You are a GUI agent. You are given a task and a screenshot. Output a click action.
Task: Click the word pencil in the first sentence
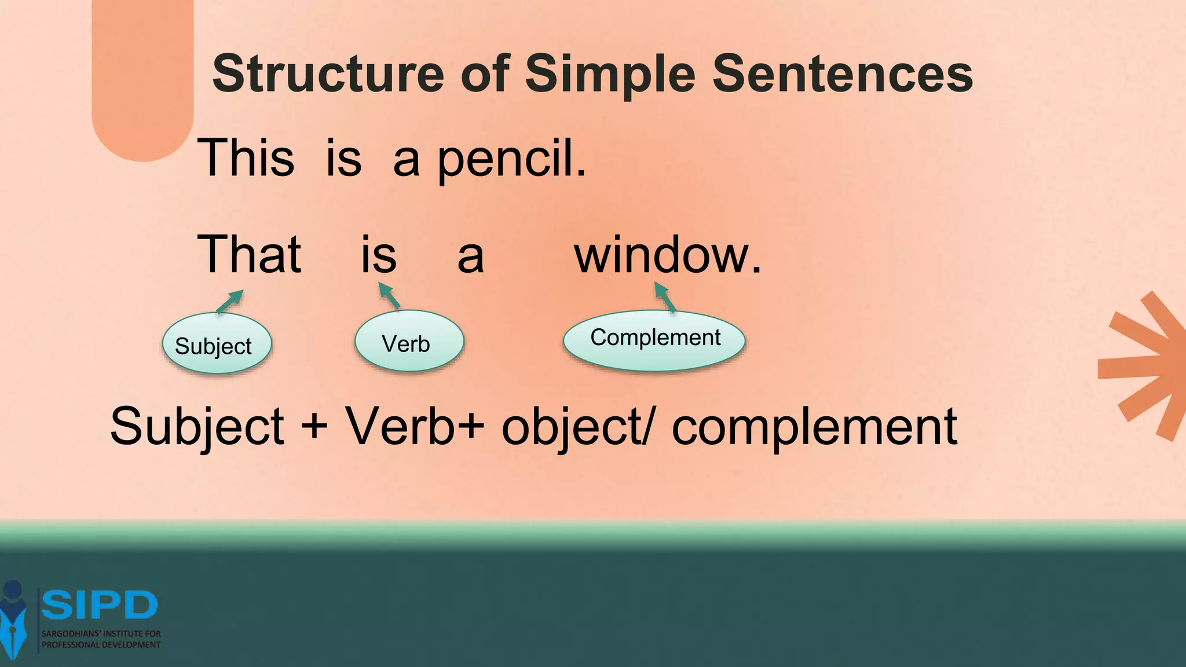click(x=511, y=159)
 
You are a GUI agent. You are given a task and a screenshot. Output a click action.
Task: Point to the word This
click(x=246, y=157)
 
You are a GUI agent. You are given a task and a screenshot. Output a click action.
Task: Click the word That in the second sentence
click(x=249, y=254)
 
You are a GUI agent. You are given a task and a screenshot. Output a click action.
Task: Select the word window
click(x=667, y=255)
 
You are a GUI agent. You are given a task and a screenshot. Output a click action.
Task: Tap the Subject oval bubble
click(x=217, y=345)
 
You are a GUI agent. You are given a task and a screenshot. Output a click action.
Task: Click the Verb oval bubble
click(x=409, y=342)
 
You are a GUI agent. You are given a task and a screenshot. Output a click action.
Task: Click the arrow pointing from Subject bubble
click(x=230, y=301)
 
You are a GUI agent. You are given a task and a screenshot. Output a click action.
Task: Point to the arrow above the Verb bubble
click(x=389, y=295)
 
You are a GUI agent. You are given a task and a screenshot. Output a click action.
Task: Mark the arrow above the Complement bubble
click(x=665, y=296)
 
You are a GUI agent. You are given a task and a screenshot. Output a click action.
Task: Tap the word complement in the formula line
click(x=814, y=427)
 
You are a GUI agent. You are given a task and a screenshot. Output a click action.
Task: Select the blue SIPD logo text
click(x=99, y=605)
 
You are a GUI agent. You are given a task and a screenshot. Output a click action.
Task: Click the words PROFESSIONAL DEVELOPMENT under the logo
click(x=101, y=645)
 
